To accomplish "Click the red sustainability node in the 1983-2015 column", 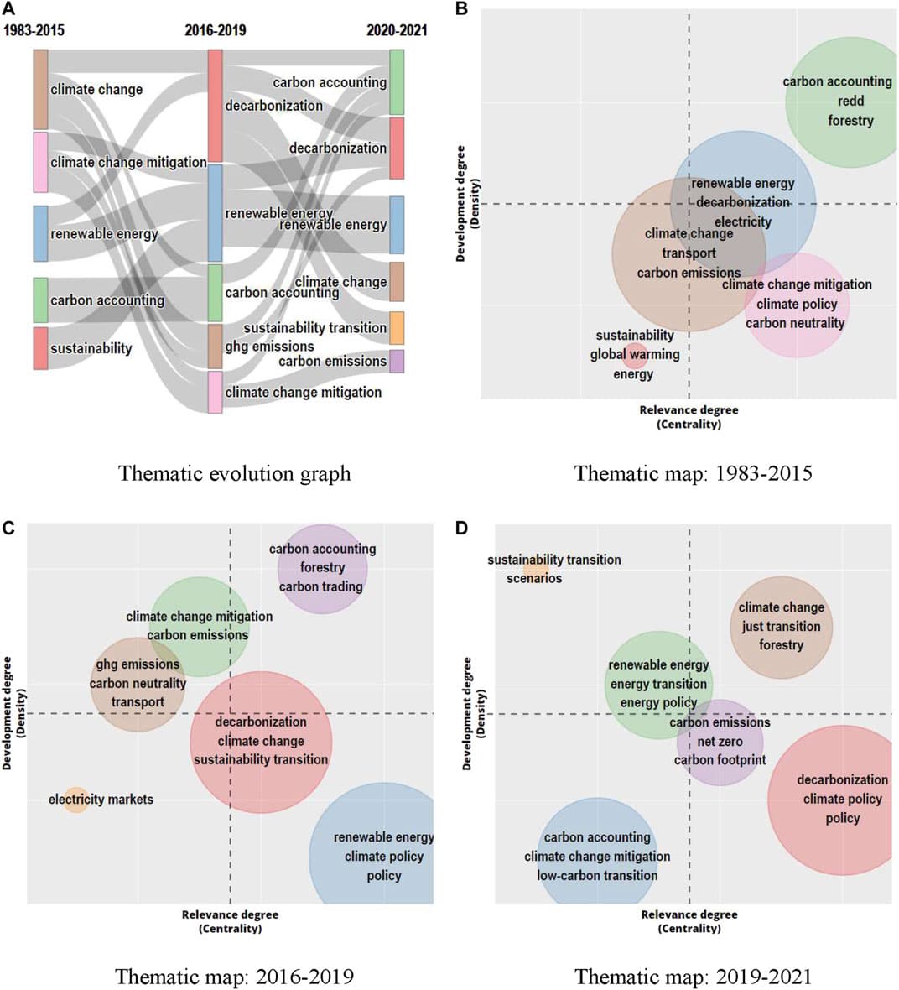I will tap(40, 348).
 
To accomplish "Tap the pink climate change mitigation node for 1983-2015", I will tap(40, 163).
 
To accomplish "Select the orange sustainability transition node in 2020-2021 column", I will tap(397, 328).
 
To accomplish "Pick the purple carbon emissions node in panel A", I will tap(397, 361).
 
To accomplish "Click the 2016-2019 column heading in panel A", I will tap(216, 31).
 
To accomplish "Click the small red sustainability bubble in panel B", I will tap(635, 355).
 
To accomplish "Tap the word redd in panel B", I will tap(850, 101).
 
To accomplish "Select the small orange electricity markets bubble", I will tap(75, 800).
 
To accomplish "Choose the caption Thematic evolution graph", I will tap(234, 473).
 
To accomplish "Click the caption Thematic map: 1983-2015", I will tap(693, 473).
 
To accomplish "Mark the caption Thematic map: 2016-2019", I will tap(234, 977).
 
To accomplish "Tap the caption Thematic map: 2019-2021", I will tap(693, 977).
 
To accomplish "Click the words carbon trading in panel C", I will tap(321, 586).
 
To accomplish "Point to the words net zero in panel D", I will tap(720, 742).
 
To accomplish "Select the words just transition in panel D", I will tap(781, 626).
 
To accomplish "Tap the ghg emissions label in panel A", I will tap(269, 346).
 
